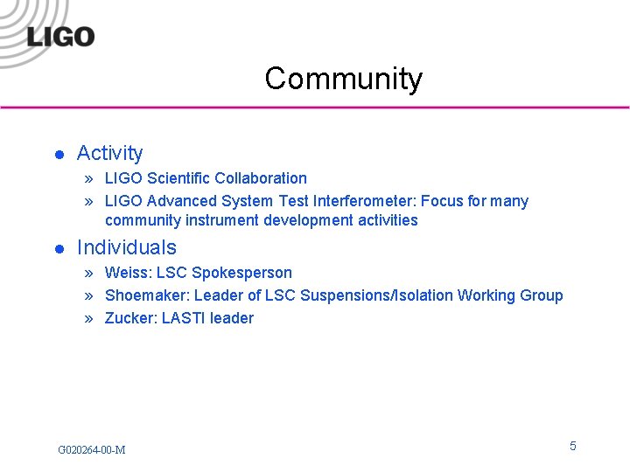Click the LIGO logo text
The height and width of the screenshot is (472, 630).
[60, 36]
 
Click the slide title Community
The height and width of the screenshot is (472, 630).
[343, 79]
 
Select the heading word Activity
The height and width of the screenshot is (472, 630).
[109, 153]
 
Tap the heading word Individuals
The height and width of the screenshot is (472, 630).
[126, 247]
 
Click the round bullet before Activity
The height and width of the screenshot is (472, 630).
[59, 155]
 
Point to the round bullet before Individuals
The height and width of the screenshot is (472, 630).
[59, 249]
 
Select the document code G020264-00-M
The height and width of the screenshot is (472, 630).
[91, 450]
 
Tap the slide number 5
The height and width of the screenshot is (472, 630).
[573, 447]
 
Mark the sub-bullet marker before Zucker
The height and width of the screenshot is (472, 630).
[89, 318]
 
